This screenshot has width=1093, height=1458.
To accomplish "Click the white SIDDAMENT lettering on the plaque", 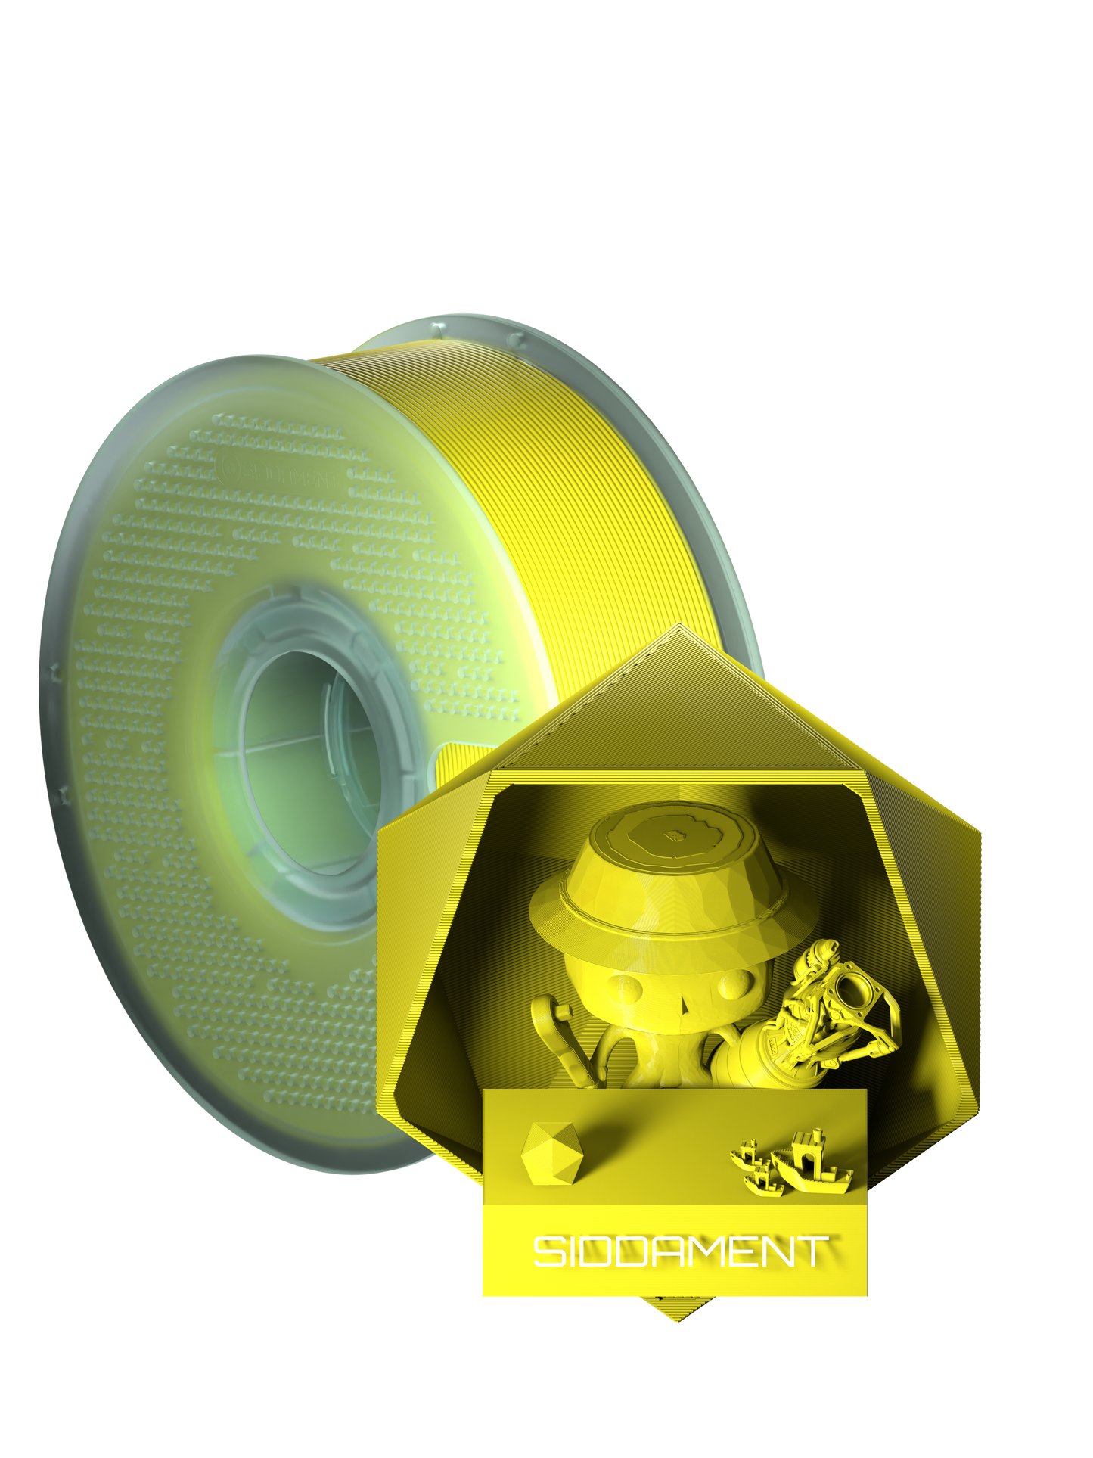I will (680, 1251).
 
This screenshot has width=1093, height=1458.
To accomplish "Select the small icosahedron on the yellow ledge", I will (551, 1154).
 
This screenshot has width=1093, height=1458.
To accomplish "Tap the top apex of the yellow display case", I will (679, 628).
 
